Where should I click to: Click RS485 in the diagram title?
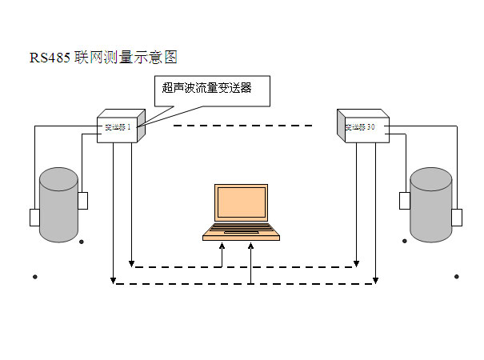click(x=50, y=58)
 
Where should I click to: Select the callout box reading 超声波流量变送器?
click(x=211, y=90)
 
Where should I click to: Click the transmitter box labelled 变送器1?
click(x=120, y=126)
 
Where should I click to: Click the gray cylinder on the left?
click(x=60, y=205)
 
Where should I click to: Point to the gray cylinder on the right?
click(x=431, y=205)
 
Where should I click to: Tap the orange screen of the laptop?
click(x=241, y=205)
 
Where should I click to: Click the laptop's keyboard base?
click(x=241, y=232)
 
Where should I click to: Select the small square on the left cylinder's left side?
click(x=34, y=217)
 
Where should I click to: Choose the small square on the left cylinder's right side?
click(x=82, y=200)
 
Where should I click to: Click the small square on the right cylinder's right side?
click(x=457, y=217)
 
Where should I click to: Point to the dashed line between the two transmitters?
click(x=242, y=126)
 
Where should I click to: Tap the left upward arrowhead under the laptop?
click(x=223, y=245)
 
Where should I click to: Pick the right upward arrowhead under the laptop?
click(x=252, y=245)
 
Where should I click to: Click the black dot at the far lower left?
click(x=34, y=277)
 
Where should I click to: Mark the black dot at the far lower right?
click(x=457, y=277)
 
